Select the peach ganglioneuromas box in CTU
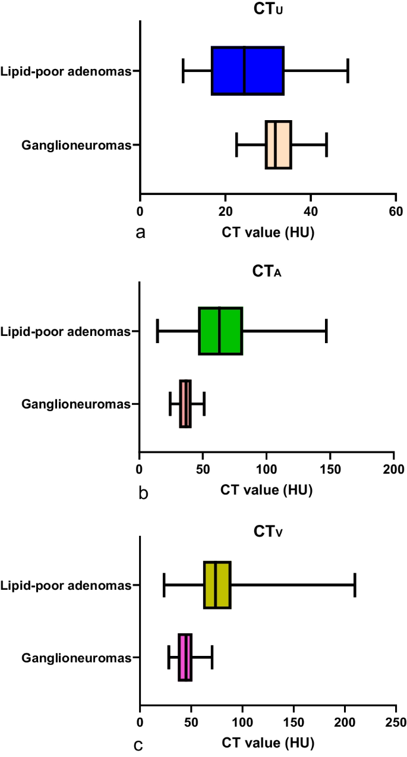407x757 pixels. [278, 145]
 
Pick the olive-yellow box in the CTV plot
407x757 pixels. [217, 585]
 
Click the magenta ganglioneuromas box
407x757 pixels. [185, 657]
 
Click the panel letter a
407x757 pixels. [141, 233]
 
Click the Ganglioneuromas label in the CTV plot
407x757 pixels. [76, 658]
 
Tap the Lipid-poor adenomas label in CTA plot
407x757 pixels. [65, 331]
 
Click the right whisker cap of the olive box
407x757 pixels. [355, 585]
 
